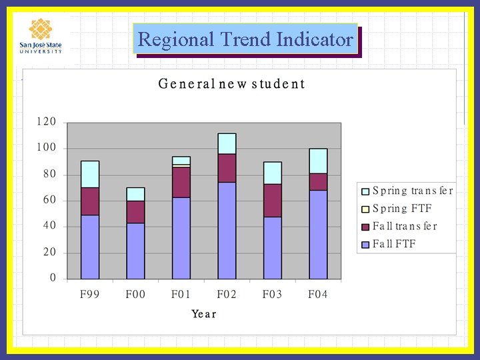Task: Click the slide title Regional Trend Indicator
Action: pyautogui.click(x=245, y=39)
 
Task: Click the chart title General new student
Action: pyautogui.click(x=231, y=84)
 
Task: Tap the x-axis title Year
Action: pyautogui.click(x=204, y=313)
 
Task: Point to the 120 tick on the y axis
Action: pyautogui.click(x=46, y=123)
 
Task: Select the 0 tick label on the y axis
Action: pyautogui.click(x=53, y=278)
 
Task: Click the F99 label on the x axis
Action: pyautogui.click(x=89, y=295)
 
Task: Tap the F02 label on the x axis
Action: pyautogui.click(x=227, y=295)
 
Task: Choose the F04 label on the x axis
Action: pyautogui.click(x=318, y=295)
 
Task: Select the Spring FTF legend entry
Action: pyautogui.click(x=401, y=209)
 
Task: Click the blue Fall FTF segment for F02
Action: pyautogui.click(x=227, y=230)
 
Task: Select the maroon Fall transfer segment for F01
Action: pyautogui.click(x=181, y=182)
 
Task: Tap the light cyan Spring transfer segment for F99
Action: pyautogui.click(x=90, y=174)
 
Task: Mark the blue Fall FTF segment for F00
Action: pyautogui.click(x=135, y=251)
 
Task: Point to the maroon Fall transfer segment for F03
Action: pyautogui.click(x=272, y=200)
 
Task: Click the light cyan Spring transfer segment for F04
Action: pyautogui.click(x=318, y=161)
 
